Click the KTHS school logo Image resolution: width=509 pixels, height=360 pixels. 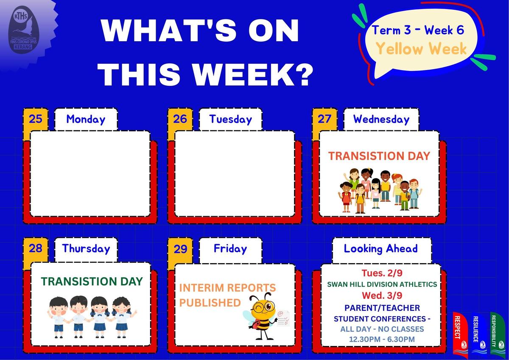[x=24, y=30]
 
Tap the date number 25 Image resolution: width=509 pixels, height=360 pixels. [x=36, y=119]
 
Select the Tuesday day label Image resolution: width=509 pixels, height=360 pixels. [x=231, y=119]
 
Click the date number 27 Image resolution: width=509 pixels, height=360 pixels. [x=324, y=119]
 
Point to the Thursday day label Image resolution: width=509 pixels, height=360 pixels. [x=86, y=248]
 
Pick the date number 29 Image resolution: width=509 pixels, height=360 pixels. [x=180, y=249]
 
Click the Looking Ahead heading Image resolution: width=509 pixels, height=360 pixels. [x=381, y=249]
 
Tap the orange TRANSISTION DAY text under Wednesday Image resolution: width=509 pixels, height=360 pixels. [x=379, y=156]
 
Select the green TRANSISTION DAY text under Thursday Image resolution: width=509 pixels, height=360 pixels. [x=92, y=281]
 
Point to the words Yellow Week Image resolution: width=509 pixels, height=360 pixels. [x=422, y=49]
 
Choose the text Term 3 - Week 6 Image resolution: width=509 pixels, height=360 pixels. [x=418, y=30]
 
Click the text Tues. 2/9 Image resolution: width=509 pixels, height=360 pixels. [x=382, y=273]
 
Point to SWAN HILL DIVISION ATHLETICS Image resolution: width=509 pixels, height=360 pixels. [x=382, y=284]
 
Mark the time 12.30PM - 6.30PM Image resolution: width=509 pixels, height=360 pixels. [x=382, y=339]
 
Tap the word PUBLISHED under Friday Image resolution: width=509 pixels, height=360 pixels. [x=210, y=303]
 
